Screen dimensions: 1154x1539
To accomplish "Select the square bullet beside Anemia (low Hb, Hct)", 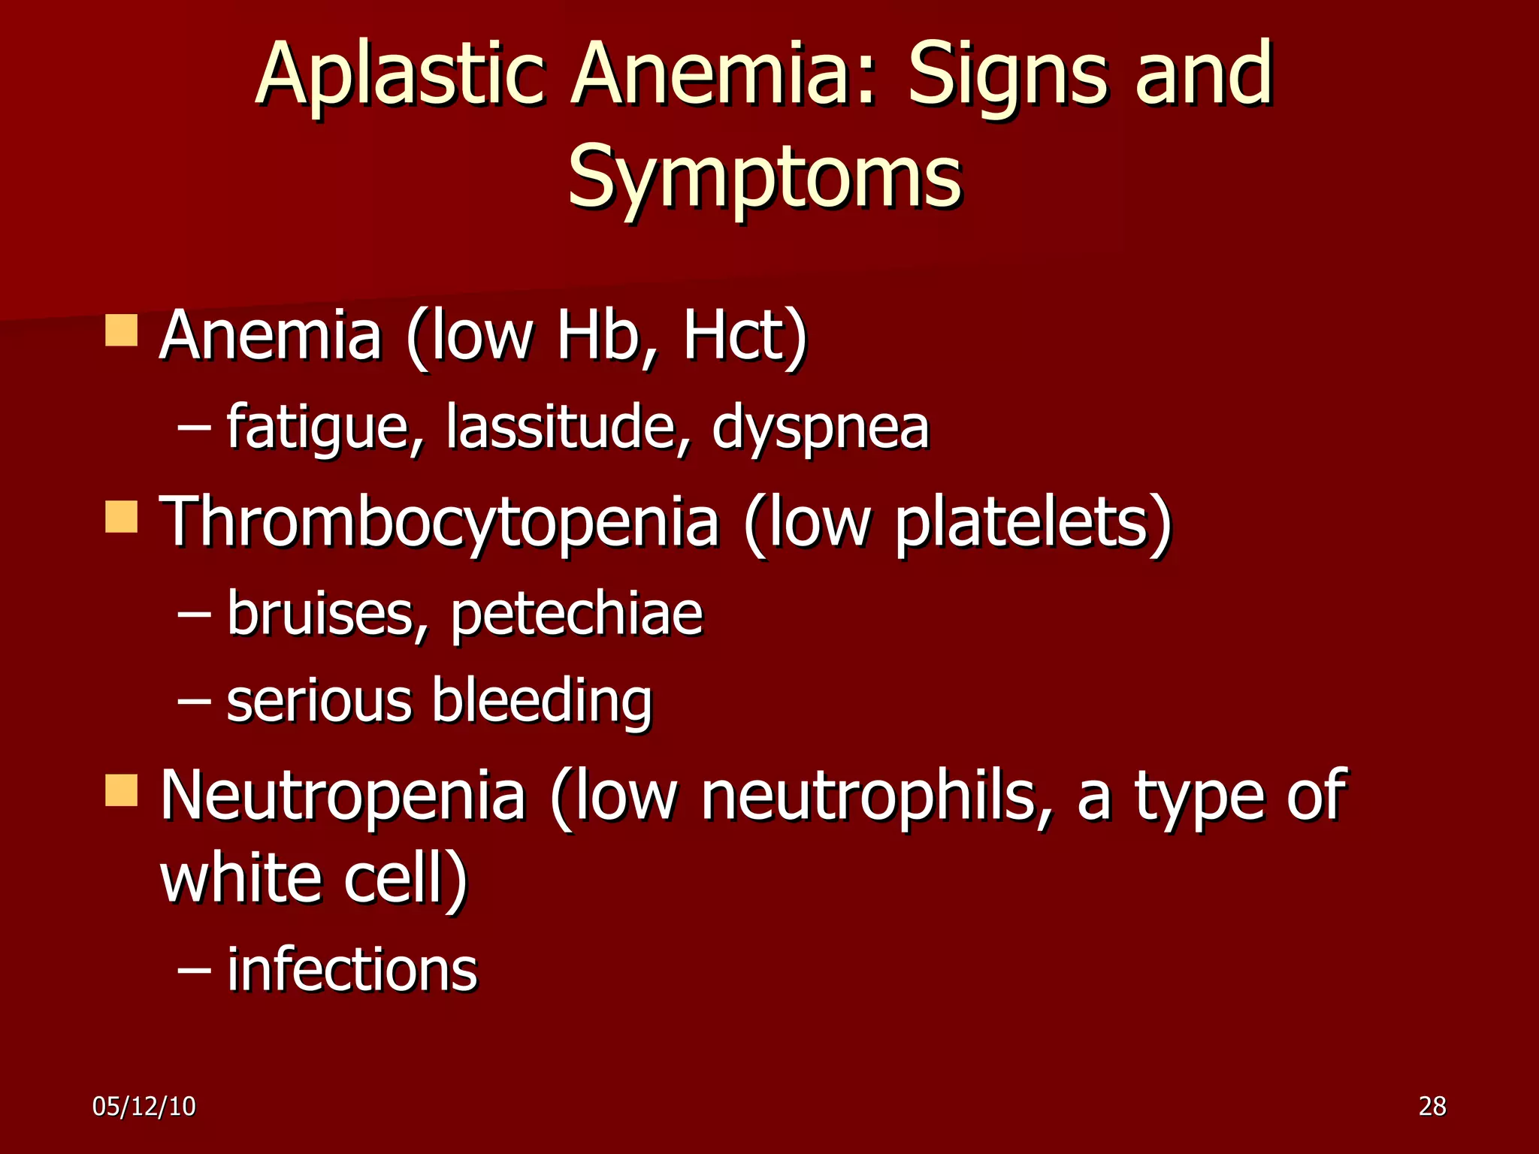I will [121, 331].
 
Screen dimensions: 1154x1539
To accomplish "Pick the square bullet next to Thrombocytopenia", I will [121, 517].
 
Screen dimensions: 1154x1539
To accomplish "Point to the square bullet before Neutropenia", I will [121, 790].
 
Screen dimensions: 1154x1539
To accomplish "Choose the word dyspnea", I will [821, 428].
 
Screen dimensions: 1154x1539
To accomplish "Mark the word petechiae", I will [576, 615].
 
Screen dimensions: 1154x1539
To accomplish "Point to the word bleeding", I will [542, 702].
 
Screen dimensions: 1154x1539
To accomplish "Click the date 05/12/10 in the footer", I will [144, 1107].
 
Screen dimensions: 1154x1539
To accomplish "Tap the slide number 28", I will [1432, 1107].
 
